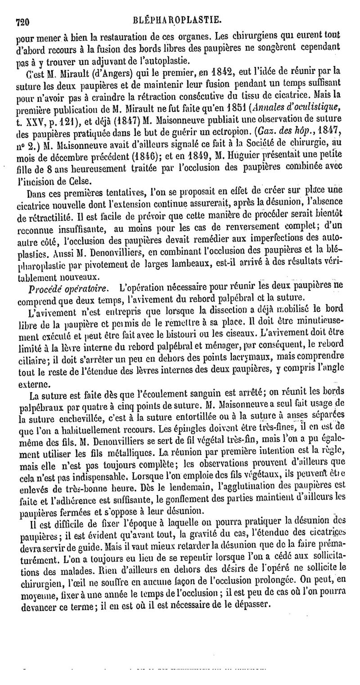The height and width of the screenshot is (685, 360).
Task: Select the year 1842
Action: (207, 70)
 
